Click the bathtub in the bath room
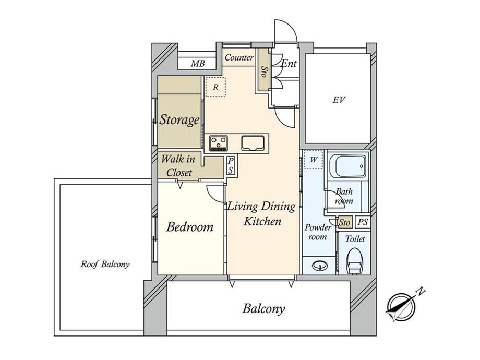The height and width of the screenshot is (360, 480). [x=348, y=166]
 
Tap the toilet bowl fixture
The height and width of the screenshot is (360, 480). [x=355, y=261]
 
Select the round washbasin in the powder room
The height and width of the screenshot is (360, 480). [x=320, y=265]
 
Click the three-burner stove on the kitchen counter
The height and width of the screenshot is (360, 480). [x=218, y=143]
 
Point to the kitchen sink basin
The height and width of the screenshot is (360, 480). [x=253, y=143]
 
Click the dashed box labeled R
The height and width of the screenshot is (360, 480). [x=215, y=87]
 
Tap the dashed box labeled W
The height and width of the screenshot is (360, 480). [x=314, y=160]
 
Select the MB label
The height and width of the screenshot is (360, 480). [x=198, y=64]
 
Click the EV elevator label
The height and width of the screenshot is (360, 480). [x=339, y=100]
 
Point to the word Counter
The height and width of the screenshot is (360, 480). [x=239, y=57]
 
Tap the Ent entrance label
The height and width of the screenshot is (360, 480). [x=289, y=64]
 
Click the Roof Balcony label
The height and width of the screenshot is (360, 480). [x=105, y=264]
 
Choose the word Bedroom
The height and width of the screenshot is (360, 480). [x=190, y=227]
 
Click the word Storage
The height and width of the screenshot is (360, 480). [x=179, y=119]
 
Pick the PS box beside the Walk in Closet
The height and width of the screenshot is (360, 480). [x=231, y=165]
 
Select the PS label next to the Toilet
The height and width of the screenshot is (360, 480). [x=363, y=222]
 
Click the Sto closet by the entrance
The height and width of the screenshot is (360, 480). [x=263, y=70]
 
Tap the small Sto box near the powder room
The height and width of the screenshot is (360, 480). [x=345, y=222]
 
